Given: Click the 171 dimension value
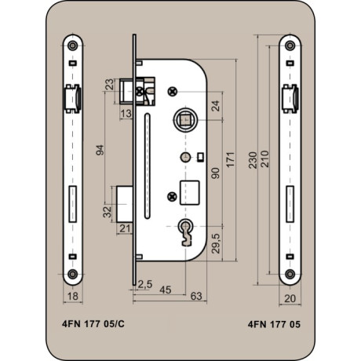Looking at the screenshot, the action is [x=231, y=159].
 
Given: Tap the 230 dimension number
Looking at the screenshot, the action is [x=253, y=160].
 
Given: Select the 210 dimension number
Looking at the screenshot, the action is [x=264, y=159].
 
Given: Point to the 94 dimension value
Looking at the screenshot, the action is [x=100, y=150].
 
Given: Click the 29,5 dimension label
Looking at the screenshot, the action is [x=216, y=243].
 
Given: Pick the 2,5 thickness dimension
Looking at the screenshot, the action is [x=145, y=284].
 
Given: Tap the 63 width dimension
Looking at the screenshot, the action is [x=196, y=296].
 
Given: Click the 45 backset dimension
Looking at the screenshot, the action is [x=166, y=290].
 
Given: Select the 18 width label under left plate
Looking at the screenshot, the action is [x=73, y=297].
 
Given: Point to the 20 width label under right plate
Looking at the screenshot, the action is [x=290, y=298].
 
